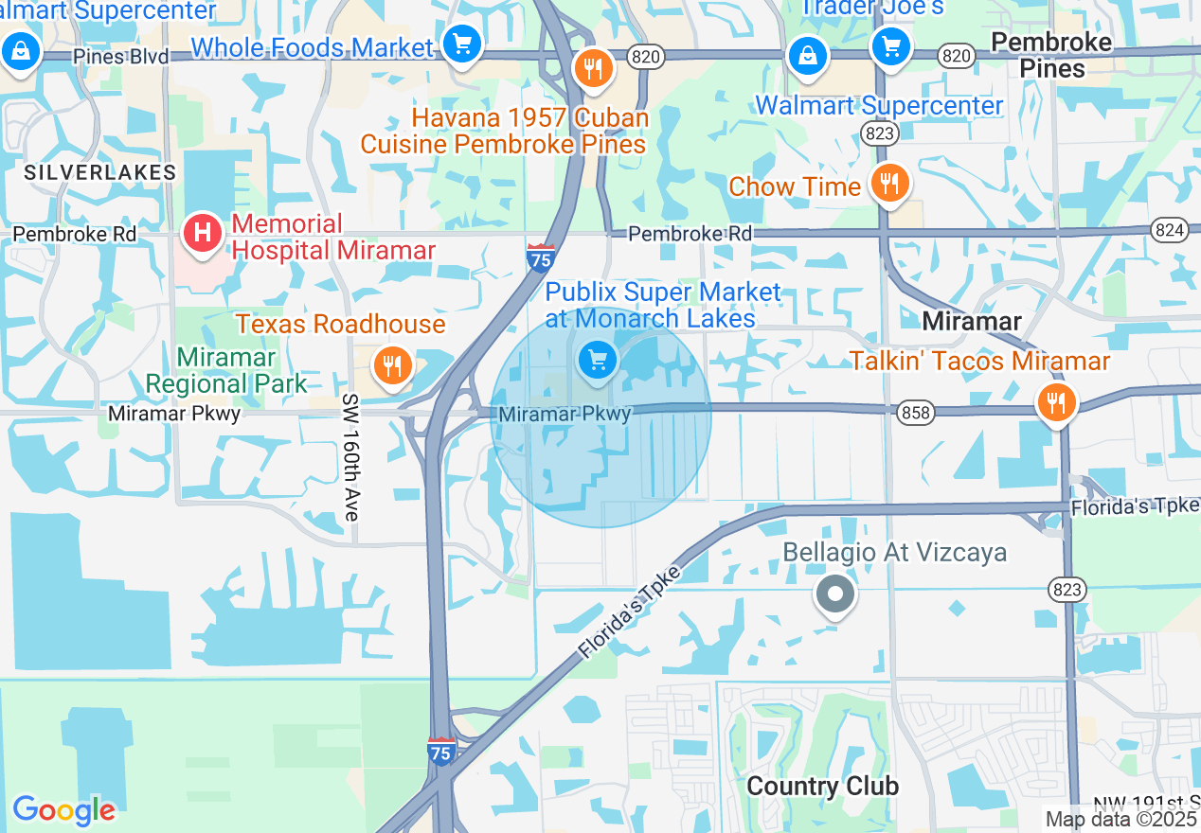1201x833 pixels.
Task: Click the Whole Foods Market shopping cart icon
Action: coord(461,44)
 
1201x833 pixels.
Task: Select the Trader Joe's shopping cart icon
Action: coord(890,44)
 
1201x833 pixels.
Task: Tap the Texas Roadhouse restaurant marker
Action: coord(392,365)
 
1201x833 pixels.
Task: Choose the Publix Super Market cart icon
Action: coord(597,360)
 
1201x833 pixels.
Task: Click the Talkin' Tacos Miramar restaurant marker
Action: coord(1054,402)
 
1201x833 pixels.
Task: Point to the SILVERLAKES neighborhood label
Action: coord(100,172)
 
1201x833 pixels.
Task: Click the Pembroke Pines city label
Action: coord(1051,55)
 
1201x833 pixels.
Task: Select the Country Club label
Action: coord(822,787)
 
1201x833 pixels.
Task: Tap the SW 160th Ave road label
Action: coord(351,457)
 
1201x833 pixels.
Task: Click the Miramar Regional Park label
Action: coord(226,371)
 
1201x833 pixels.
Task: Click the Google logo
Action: coord(63,810)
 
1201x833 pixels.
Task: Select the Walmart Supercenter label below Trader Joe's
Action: coord(878,105)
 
